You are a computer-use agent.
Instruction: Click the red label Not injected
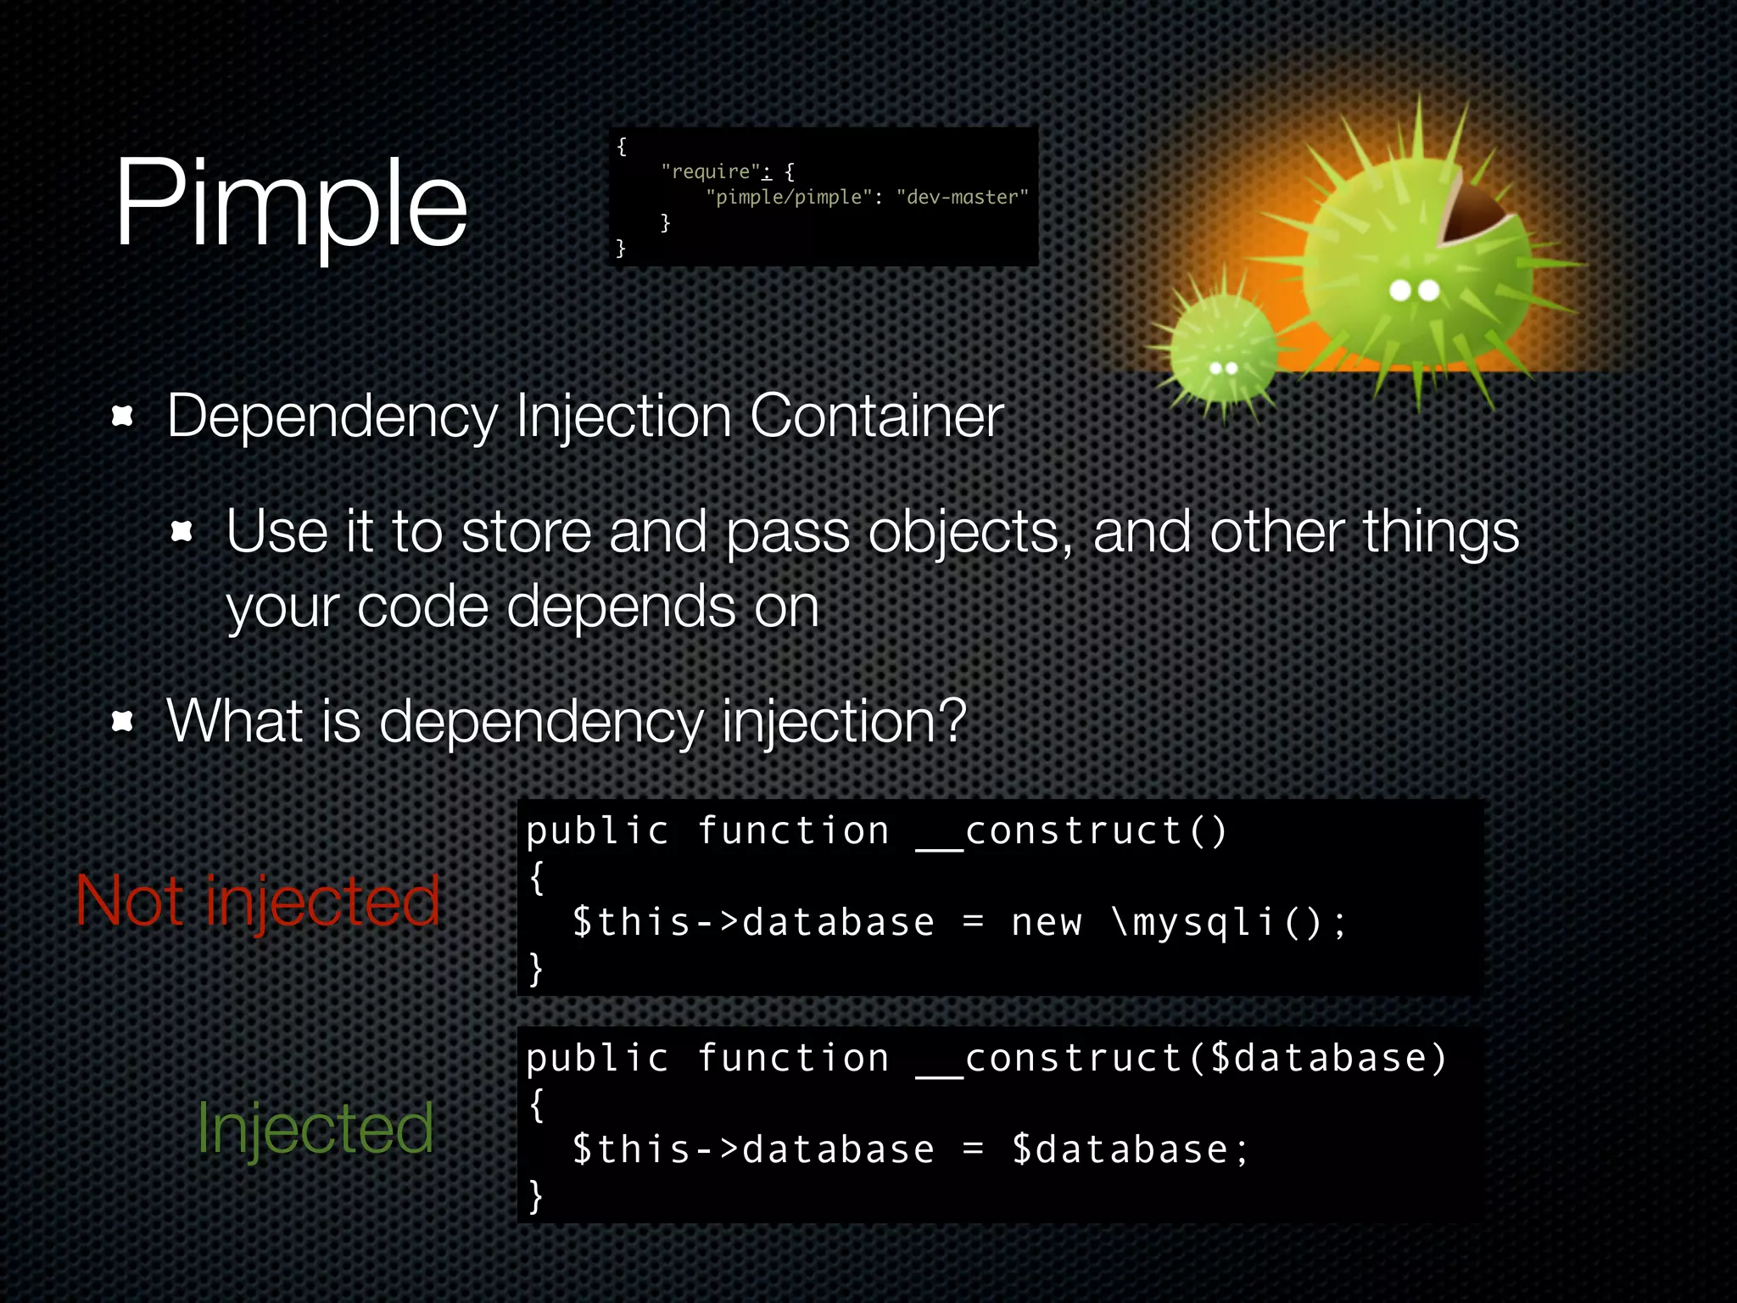pos(258,901)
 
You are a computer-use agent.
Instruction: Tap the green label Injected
pos(316,1128)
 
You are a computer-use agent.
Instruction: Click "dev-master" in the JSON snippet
pos(962,197)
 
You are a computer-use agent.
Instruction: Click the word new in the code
pos(1047,922)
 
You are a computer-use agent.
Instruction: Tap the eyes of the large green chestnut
pos(1414,291)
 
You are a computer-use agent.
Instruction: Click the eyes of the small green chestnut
pos(1223,368)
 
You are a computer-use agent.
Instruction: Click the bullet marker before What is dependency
pos(123,722)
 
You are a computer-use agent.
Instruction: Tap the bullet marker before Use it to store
pos(182,532)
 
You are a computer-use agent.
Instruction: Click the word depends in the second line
pos(621,607)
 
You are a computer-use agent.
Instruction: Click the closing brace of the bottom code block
pos(535,1196)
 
